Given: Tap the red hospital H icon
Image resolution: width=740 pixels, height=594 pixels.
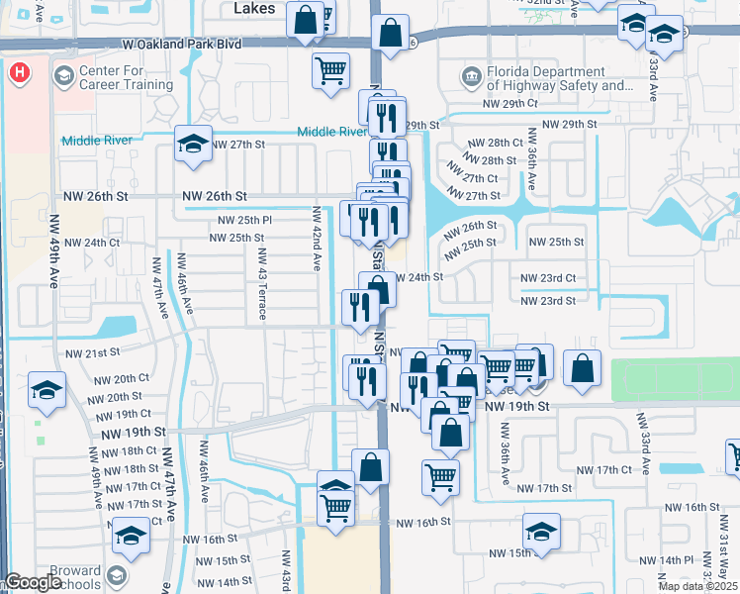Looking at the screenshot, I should [19, 72].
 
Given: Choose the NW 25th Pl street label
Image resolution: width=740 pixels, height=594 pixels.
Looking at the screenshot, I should [244, 219].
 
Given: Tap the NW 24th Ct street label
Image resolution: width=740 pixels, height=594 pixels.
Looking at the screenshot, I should [92, 242].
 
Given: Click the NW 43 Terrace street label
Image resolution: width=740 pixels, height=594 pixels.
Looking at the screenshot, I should [262, 290].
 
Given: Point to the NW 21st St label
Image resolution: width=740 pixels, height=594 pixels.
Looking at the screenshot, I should [92, 352].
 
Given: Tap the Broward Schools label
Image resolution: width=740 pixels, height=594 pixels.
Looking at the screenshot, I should [74, 578].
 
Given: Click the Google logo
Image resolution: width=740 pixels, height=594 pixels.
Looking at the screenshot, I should [33, 583].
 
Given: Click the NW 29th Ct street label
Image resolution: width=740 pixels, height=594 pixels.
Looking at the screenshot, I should [510, 103].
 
